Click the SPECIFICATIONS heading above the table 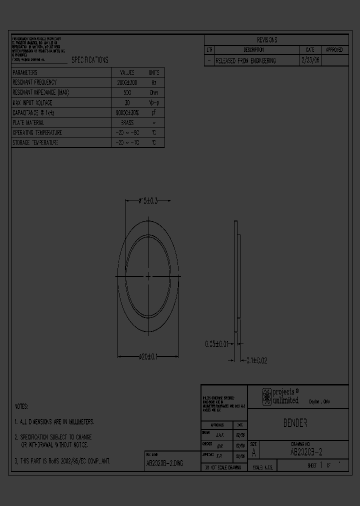(89, 60)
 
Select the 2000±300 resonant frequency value (126, 82)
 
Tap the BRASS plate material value (126, 122)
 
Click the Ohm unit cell (154, 92)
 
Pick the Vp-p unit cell (154, 102)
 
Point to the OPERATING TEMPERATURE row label (37, 133)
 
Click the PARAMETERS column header (25, 72)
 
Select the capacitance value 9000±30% (126, 113)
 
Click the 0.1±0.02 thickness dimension (255, 360)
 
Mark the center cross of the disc (148, 276)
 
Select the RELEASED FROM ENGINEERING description (245, 60)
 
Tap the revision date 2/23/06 (310, 60)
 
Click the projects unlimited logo (280, 396)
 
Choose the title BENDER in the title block (295, 423)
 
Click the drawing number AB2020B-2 (306, 452)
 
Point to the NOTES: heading (21, 406)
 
